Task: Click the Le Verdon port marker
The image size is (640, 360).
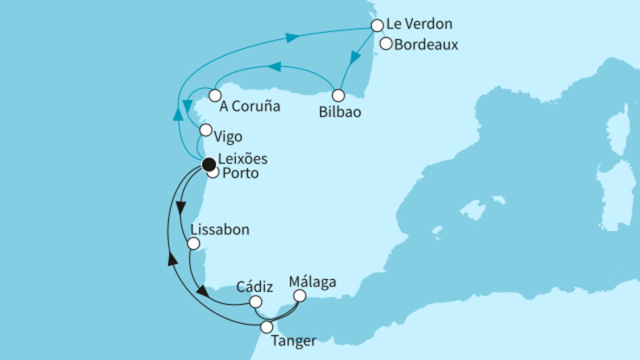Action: point(378,26)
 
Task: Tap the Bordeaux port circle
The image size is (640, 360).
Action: point(387,45)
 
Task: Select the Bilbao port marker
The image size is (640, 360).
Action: point(338,95)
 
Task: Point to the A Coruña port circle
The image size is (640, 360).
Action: point(214,95)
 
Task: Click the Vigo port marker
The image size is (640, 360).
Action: point(206,130)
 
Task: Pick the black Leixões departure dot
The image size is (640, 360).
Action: point(208,165)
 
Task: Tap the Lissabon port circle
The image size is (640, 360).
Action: point(192,243)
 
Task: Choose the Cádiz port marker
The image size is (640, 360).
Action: point(256,302)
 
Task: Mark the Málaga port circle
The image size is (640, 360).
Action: point(300,295)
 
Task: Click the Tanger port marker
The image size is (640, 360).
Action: point(266,326)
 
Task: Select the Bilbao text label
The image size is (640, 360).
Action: point(341,113)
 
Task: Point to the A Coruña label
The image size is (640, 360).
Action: point(250,104)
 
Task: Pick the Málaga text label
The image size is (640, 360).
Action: point(314,282)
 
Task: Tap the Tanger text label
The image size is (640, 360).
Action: point(294,342)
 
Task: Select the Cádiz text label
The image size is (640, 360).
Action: point(256,286)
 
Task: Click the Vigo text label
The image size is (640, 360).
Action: point(228,137)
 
